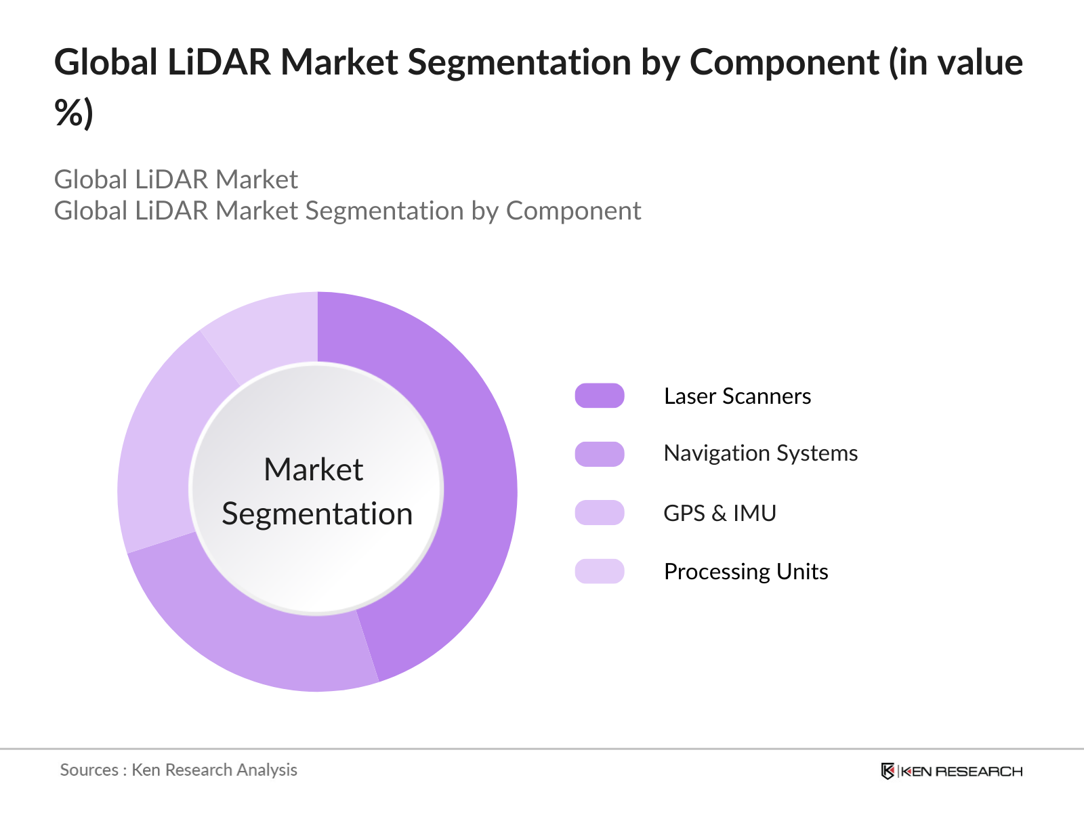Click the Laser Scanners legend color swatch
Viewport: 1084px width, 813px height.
coord(600,396)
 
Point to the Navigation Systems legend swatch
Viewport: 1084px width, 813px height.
coord(600,454)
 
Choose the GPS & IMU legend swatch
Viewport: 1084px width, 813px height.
coord(600,513)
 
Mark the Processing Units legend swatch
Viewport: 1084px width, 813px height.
coord(600,571)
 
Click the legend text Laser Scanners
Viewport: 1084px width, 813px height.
coord(737,396)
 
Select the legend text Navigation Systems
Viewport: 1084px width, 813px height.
coord(760,453)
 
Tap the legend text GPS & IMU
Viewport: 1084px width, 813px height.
coord(720,514)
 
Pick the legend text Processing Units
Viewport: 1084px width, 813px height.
coord(746,572)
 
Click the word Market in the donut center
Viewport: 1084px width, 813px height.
coord(314,470)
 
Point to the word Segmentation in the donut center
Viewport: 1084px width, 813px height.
coord(317,514)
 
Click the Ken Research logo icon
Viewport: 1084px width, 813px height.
coord(888,771)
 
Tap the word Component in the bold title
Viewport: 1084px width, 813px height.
coord(784,62)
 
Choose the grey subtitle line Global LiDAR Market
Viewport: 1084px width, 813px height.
coord(176,180)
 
